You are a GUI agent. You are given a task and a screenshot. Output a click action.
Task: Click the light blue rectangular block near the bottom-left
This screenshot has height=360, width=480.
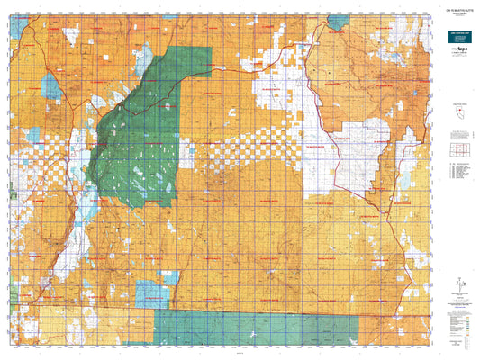pos(147,293)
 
